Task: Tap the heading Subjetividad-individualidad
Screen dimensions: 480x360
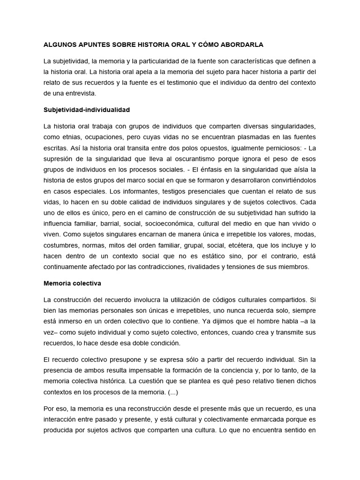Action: (86, 110)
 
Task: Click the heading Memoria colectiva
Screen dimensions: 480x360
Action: (72, 283)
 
